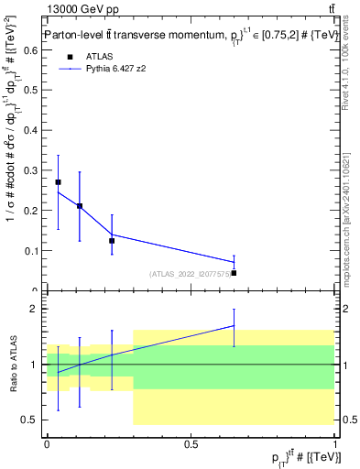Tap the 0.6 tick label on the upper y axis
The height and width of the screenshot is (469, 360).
click(x=32, y=51)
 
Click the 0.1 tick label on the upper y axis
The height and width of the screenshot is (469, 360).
click(x=32, y=250)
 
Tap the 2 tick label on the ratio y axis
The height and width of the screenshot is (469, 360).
click(x=35, y=309)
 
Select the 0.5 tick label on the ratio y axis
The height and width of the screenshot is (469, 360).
click(x=30, y=420)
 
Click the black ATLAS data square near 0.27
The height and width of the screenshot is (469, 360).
click(x=58, y=182)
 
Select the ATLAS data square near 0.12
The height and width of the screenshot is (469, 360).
click(x=112, y=241)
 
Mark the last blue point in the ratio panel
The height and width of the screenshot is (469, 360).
click(x=234, y=325)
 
